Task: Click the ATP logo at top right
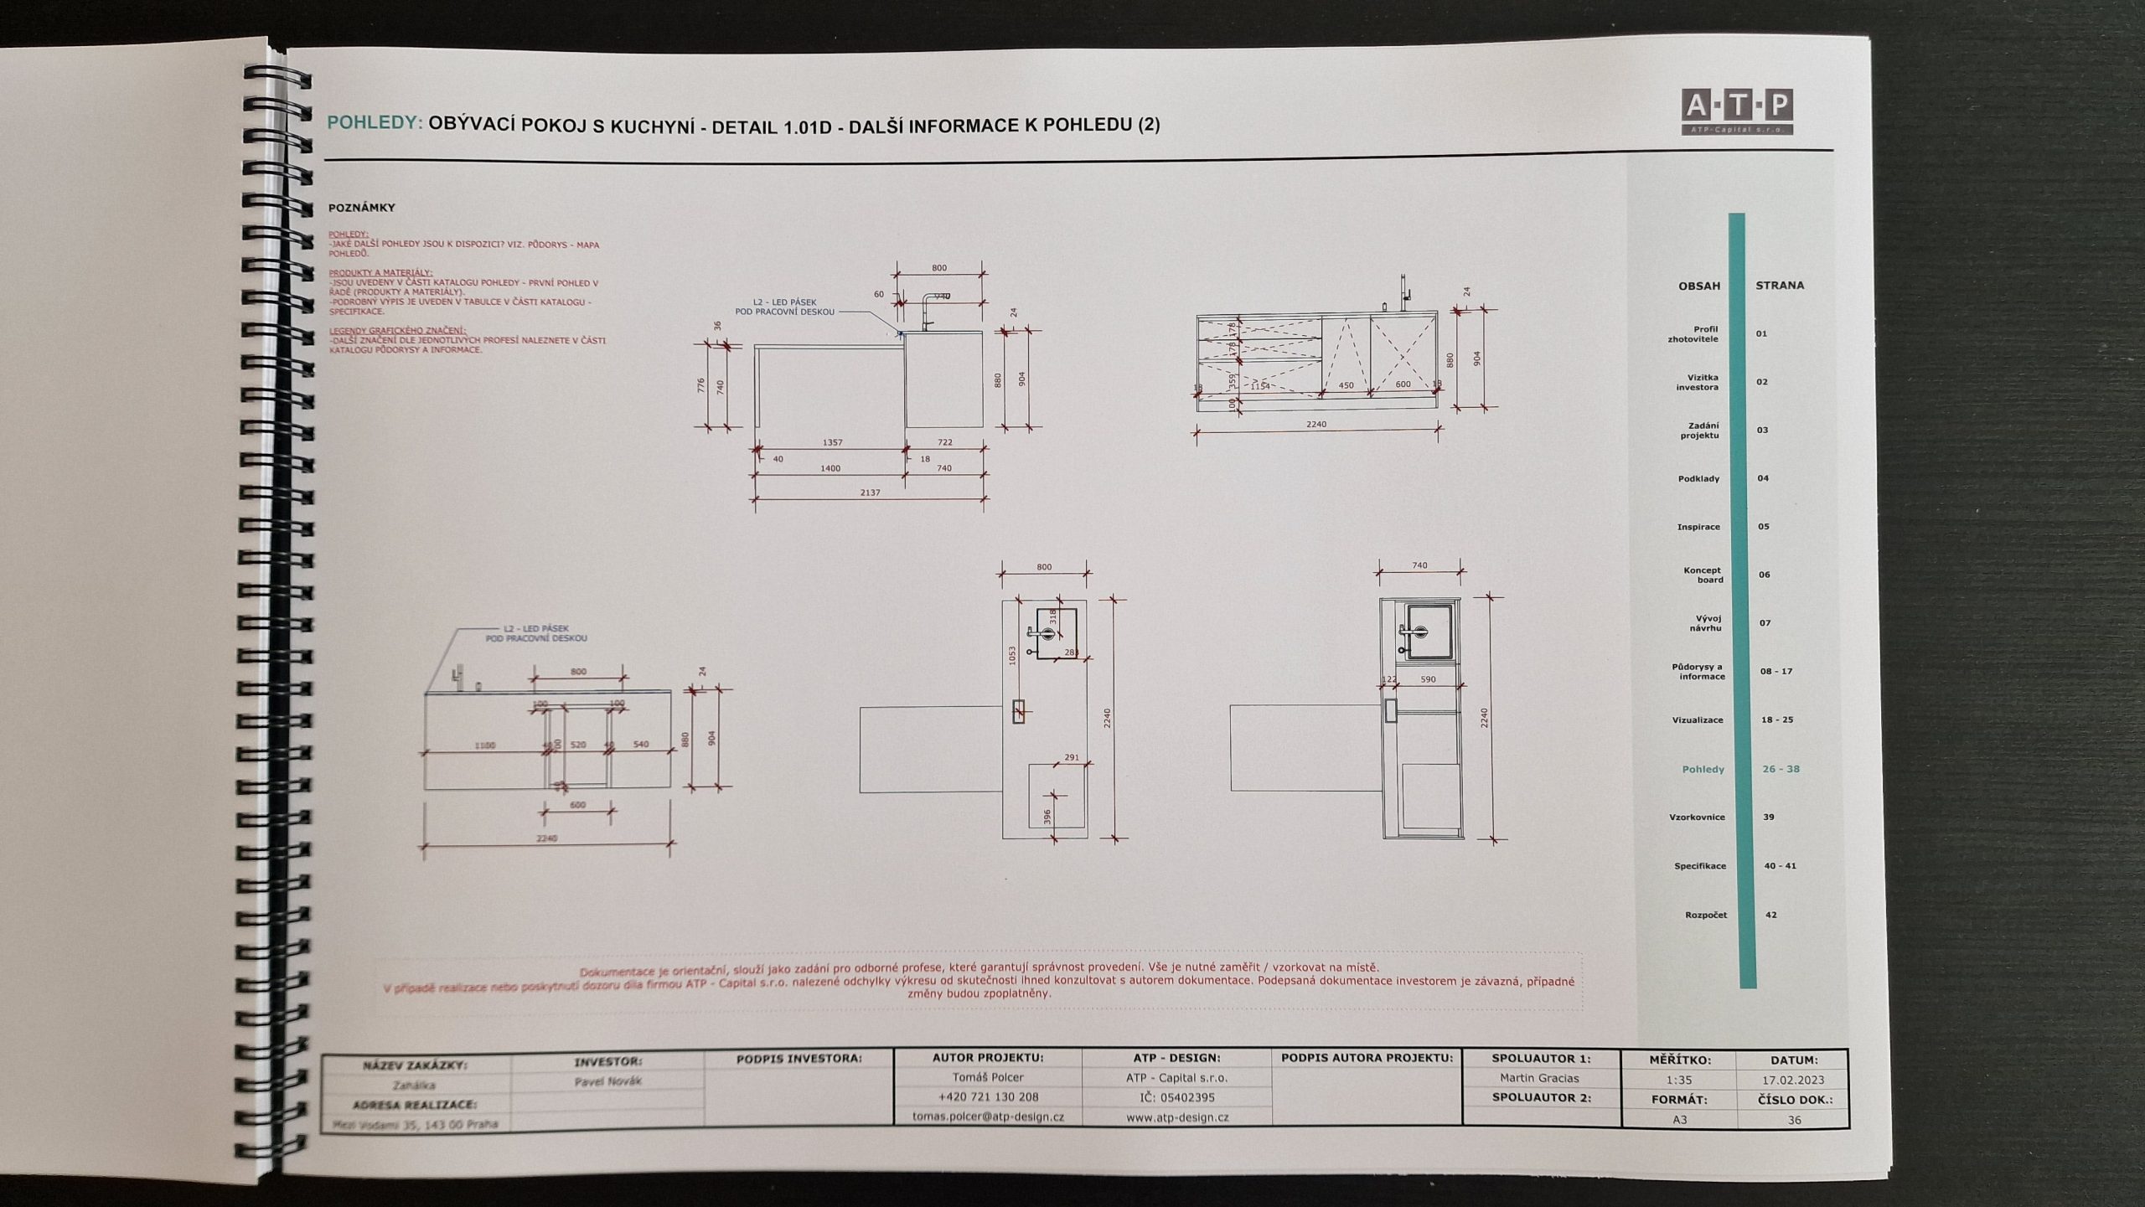click(x=1736, y=111)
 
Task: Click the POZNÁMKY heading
click(x=361, y=207)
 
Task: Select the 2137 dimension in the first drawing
click(x=870, y=493)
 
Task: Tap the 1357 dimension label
click(x=832, y=442)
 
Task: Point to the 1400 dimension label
click(x=830, y=468)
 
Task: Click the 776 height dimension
click(x=701, y=386)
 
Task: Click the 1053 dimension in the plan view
click(x=1012, y=656)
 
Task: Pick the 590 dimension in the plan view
click(x=1428, y=679)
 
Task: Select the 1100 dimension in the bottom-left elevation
click(x=484, y=745)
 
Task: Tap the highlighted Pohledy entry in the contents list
click(x=1703, y=769)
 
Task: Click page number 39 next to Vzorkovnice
click(x=1769, y=817)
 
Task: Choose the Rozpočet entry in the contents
click(x=1705, y=915)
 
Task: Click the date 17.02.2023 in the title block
click(x=1793, y=1081)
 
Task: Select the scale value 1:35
click(x=1678, y=1081)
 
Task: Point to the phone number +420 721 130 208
click(x=988, y=1096)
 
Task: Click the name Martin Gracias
click(x=1539, y=1078)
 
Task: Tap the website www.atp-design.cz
click(x=1177, y=1117)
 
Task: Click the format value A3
click(x=1679, y=1119)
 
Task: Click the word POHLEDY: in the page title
click(x=374, y=122)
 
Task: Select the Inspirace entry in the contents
click(x=1698, y=527)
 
